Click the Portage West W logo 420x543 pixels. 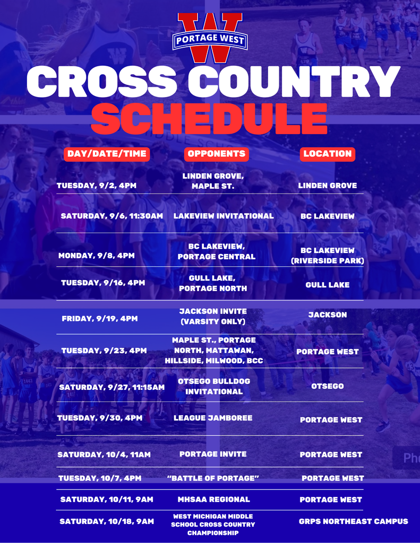[x=210, y=38]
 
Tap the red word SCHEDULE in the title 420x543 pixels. [x=209, y=119]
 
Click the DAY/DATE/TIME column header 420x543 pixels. [x=107, y=154]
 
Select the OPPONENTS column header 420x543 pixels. [x=217, y=154]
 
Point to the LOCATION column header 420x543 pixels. [x=328, y=154]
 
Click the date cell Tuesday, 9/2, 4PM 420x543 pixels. [x=97, y=186]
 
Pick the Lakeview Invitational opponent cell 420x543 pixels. [x=224, y=216]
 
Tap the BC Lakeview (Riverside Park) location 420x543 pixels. [x=328, y=256]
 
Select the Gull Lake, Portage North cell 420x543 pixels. [x=213, y=283]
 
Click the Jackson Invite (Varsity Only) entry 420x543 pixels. [x=213, y=317]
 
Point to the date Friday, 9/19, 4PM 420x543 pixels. [x=99, y=319]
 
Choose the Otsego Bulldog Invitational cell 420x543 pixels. [x=214, y=387]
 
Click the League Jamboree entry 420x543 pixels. [x=213, y=418]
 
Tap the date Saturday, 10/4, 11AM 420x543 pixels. [x=104, y=454]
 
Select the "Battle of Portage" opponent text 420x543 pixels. [x=213, y=478]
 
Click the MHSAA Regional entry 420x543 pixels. [x=213, y=500]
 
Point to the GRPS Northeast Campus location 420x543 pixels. [x=354, y=521]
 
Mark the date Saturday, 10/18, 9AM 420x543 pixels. [x=107, y=521]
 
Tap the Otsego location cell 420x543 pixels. [x=328, y=386]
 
